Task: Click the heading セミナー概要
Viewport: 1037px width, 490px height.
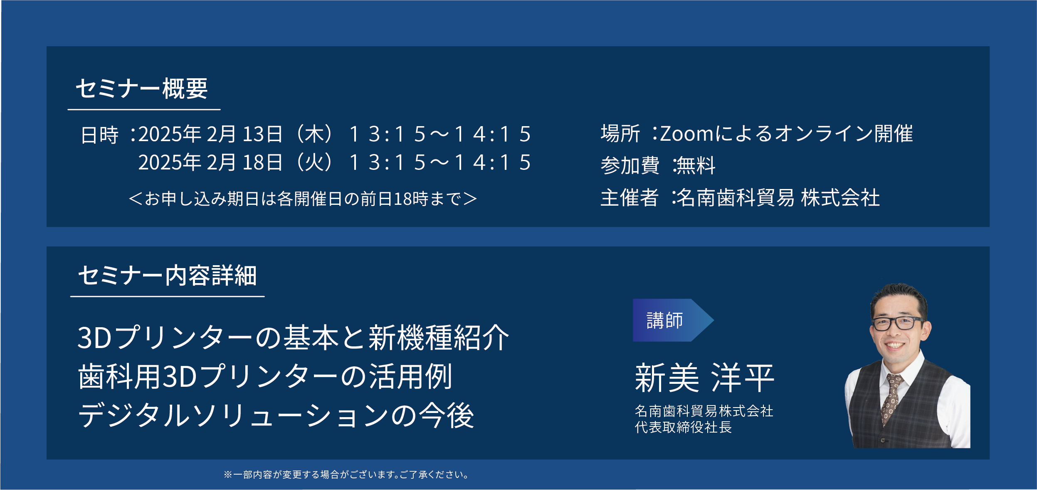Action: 141,89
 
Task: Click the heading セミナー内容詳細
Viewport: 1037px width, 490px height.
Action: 167,276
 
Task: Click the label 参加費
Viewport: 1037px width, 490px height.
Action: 630,165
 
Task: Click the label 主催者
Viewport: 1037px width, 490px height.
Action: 630,197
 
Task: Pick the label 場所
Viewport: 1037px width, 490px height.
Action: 620,134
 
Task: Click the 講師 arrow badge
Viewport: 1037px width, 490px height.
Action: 673,320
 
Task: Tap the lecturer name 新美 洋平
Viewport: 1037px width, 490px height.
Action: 705,378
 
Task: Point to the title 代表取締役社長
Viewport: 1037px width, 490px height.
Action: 683,427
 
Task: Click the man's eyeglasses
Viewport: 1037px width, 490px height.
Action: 899,323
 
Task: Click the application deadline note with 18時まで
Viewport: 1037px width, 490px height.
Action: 303,199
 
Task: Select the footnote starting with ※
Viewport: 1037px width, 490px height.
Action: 346,475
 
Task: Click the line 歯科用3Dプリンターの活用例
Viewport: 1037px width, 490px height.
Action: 265,376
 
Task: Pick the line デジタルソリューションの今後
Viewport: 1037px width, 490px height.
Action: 276,415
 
